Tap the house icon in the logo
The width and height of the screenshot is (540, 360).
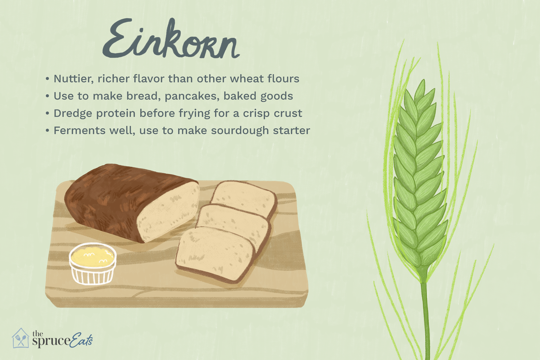pyautogui.click(x=21, y=338)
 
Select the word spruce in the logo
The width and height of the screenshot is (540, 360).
pyautogui.click(x=51, y=341)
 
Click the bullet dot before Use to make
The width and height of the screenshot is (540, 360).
pyautogui.click(x=48, y=96)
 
